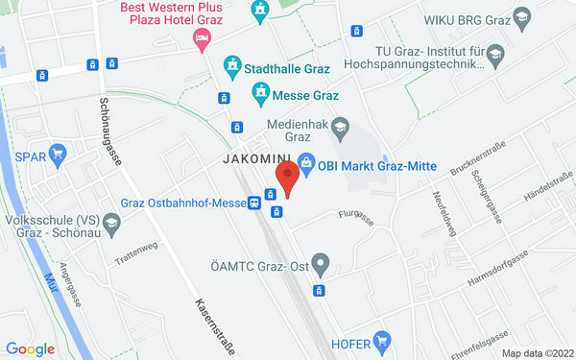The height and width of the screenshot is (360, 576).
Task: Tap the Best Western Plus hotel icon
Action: click(201, 37)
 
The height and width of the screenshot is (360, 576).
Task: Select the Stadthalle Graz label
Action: click(288, 68)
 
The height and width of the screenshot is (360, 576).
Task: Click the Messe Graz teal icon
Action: click(259, 92)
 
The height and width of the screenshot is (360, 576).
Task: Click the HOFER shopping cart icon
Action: click(383, 340)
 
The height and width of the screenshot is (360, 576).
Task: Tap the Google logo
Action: click(30, 349)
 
